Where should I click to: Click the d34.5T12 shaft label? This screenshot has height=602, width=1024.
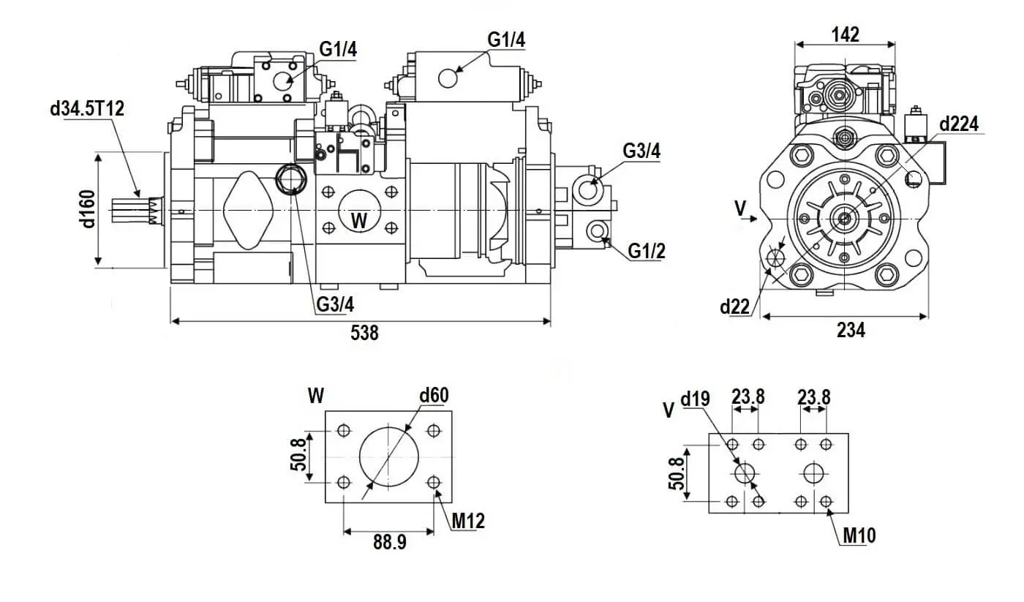[x=87, y=109]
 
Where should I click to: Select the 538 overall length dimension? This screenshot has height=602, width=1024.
[x=364, y=334]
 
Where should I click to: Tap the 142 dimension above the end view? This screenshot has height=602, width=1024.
[x=846, y=34]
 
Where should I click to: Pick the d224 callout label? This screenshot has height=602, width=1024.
[x=959, y=124]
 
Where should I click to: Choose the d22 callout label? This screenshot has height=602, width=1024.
[x=735, y=306]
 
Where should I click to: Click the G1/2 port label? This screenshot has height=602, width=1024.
[x=647, y=252]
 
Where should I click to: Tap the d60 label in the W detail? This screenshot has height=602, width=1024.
[x=434, y=396]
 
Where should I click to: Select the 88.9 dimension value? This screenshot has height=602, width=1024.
[x=390, y=542]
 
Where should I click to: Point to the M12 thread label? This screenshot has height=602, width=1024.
[x=468, y=521]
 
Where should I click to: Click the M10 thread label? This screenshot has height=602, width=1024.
[x=859, y=536]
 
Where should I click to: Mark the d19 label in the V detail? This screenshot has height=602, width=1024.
[x=696, y=399]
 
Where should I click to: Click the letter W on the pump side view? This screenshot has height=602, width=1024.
[x=359, y=219]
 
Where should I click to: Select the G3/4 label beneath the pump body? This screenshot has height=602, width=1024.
[x=336, y=304]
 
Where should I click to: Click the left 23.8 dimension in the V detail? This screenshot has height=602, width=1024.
[x=748, y=396]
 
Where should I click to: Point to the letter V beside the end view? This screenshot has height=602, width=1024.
[x=741, y=208]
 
